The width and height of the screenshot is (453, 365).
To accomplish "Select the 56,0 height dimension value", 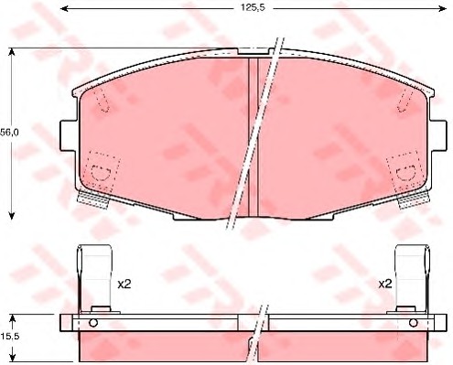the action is (9, 133).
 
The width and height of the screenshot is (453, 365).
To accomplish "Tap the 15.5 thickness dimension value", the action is (9, 337).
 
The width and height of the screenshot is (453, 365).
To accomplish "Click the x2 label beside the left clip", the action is (124, 284).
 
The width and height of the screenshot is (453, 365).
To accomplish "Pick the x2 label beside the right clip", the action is (385, 284).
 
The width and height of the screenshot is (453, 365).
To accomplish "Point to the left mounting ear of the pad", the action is (68, 135).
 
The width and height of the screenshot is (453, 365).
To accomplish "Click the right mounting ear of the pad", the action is (438, 135).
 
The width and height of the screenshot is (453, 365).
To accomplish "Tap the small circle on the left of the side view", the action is (93, 323).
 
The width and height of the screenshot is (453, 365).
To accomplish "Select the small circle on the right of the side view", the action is (414, 323).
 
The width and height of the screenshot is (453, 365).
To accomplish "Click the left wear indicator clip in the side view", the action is (94, 279).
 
